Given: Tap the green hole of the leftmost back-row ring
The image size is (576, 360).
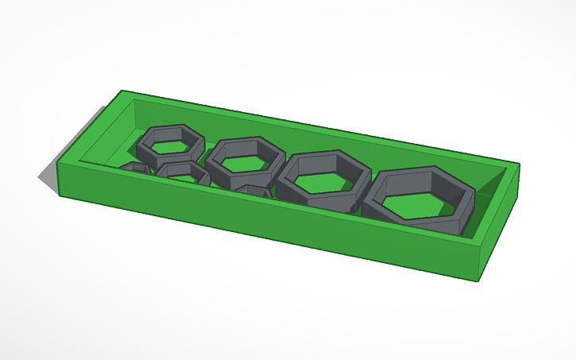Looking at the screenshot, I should (x=168, y=146).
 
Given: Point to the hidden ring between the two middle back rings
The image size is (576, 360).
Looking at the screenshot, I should (x=253, y=191).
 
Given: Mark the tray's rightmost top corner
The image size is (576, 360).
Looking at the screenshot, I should (x=519, y=165).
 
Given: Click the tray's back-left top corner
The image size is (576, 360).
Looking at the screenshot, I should (x=122, y=91).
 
